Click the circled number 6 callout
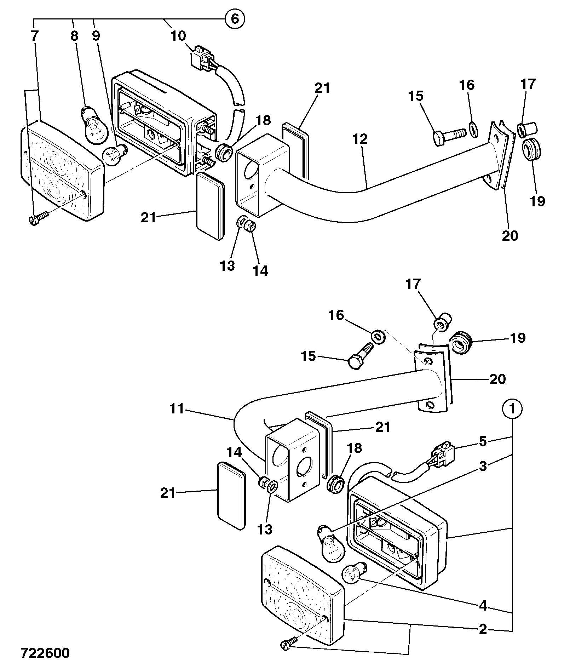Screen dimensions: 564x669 coord(235,18)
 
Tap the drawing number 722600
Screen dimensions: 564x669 coord(45,653)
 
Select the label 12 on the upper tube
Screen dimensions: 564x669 coord(360,139)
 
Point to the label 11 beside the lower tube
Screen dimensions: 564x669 coord(177,409)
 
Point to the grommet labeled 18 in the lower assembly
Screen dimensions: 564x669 coord(334,484)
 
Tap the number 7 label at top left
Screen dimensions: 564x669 coord(35,36)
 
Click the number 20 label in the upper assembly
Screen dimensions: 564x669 coord(510,235)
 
